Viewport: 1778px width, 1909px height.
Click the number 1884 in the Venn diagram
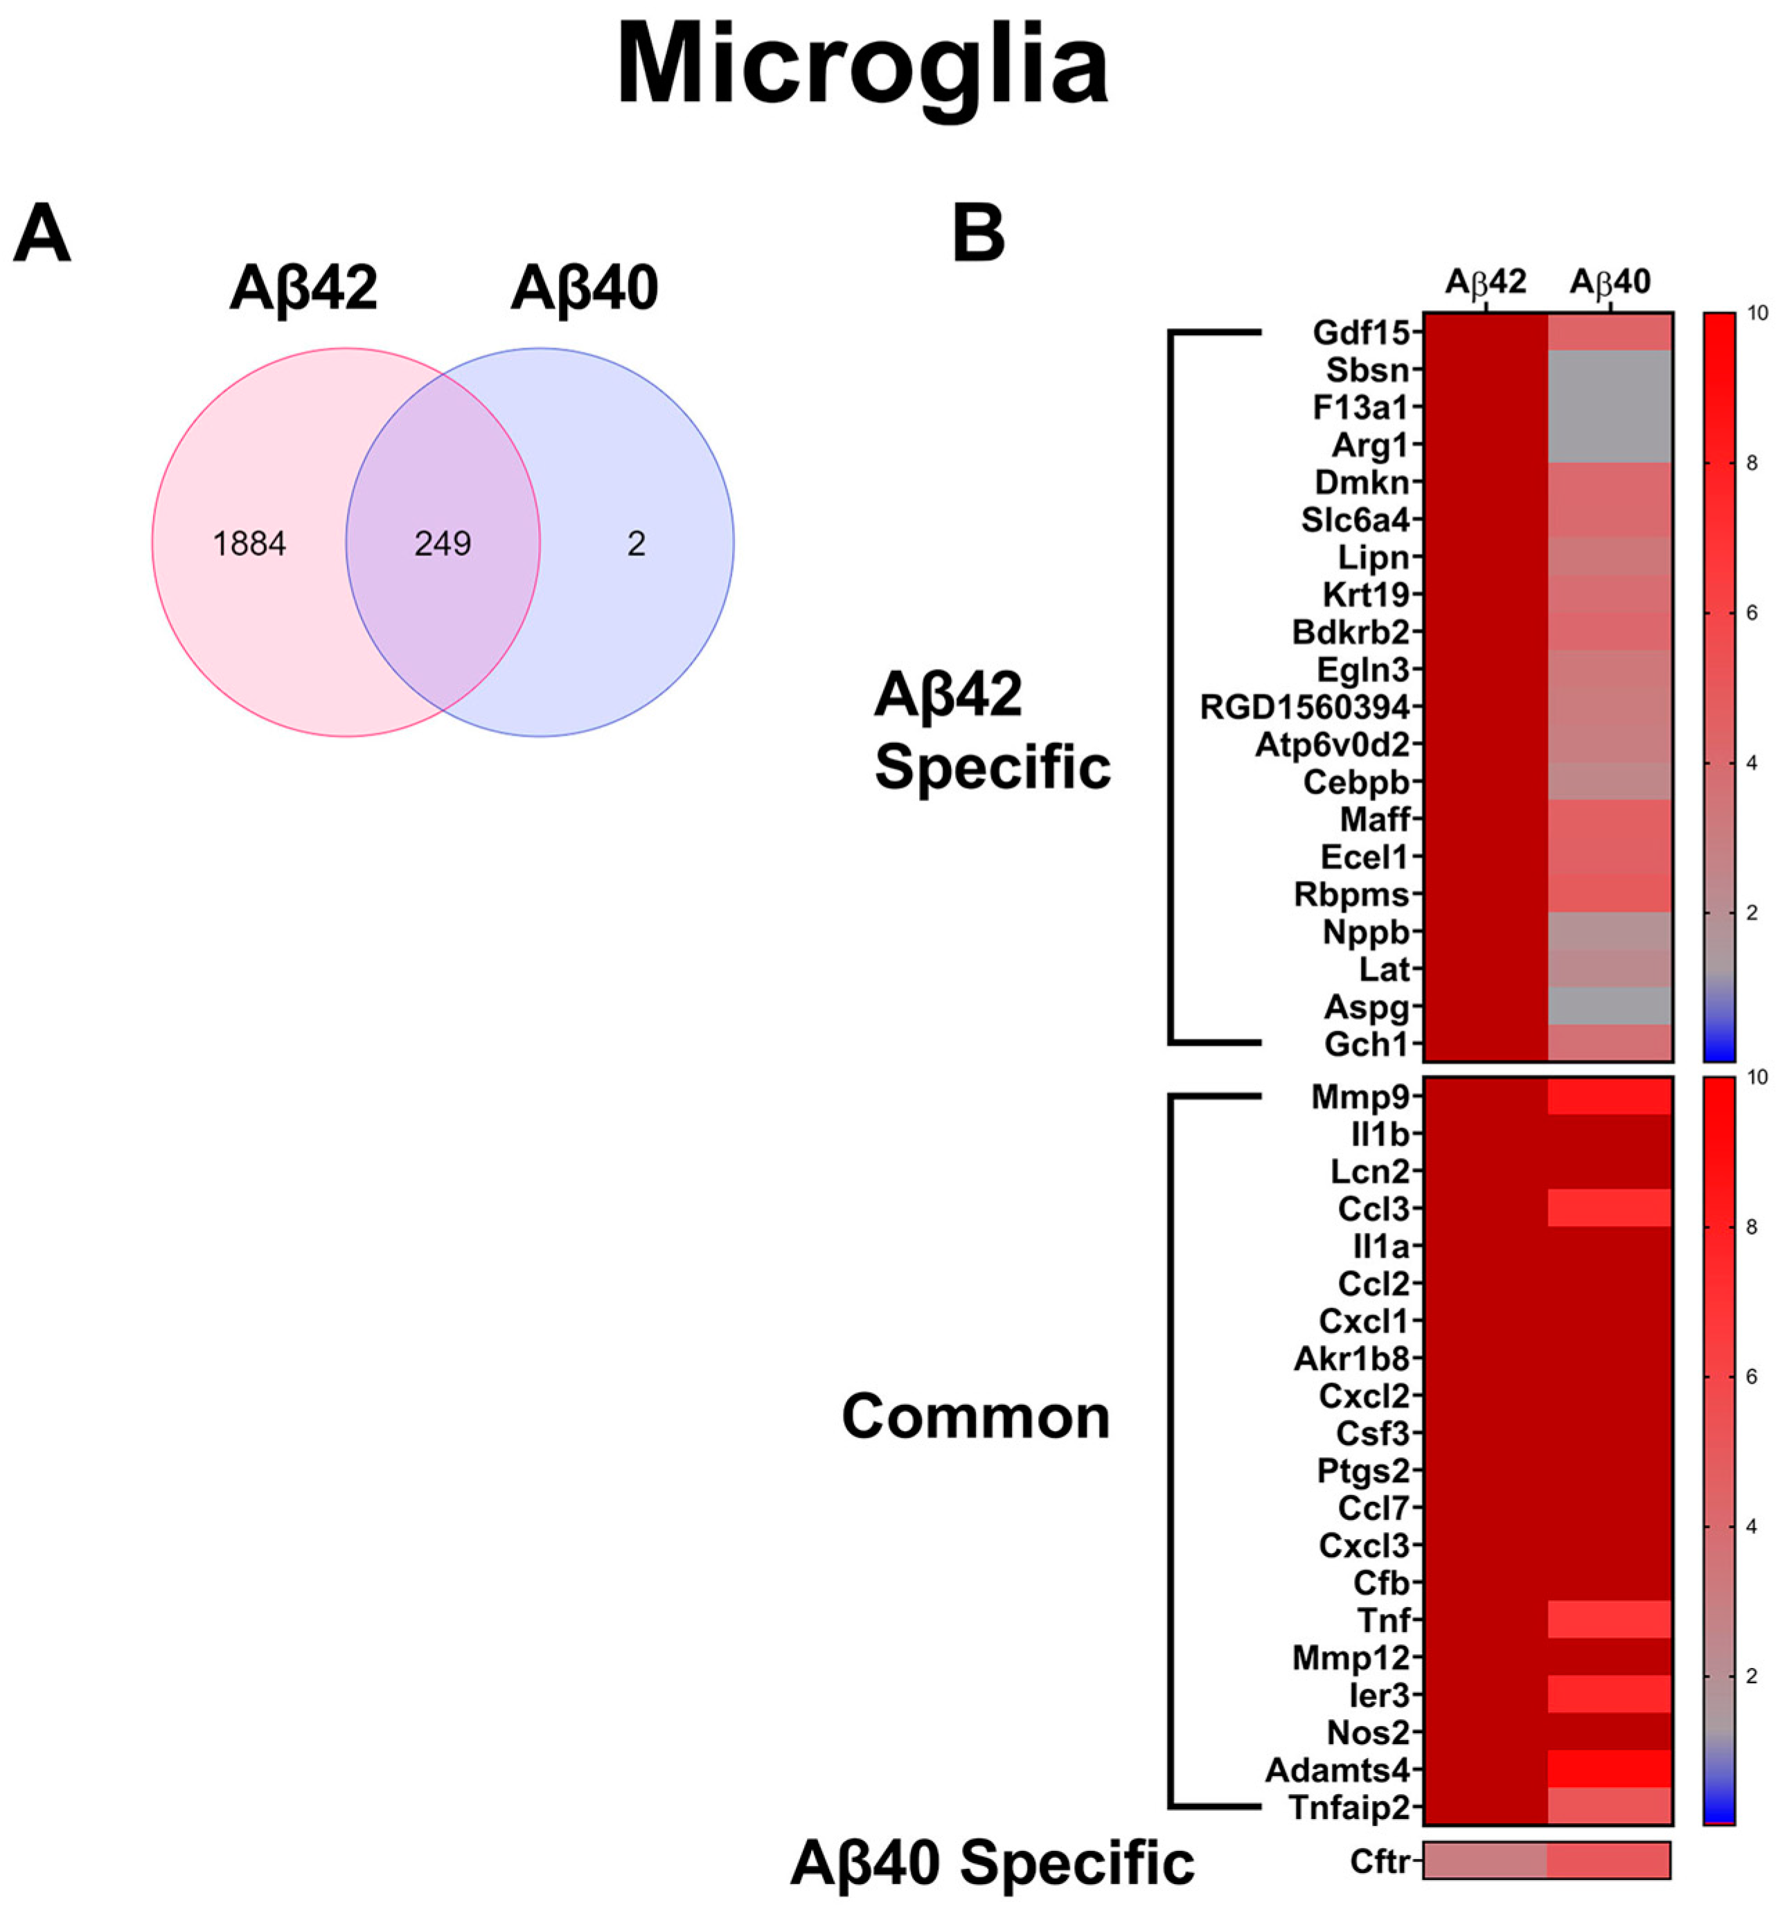(x=249, y=544)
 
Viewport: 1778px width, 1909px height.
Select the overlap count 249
(x=443, y=544)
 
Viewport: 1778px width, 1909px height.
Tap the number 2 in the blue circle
(x=636, y=544)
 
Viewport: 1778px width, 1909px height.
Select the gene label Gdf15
(x=1361, y=332)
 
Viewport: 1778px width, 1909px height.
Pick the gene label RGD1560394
(x=1304, y=708)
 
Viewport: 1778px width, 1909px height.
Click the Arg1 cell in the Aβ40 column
(x=1610, y=445)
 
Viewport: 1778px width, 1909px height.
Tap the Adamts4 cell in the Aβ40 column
(x=1610, y=1769)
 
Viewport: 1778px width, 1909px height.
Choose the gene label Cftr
(x=1378, y=1862)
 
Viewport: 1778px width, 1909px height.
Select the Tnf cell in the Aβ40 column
(x=1610, y=1619)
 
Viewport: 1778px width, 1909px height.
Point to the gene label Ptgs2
(x=1362, y=1470)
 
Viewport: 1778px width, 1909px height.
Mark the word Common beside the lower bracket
(x=975, y=1417)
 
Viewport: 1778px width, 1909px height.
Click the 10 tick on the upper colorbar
(x=1758, y=313)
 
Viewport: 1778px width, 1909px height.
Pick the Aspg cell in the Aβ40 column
(x=1610, y=1006)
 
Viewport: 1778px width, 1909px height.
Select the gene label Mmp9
(x=1360, y=1097)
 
